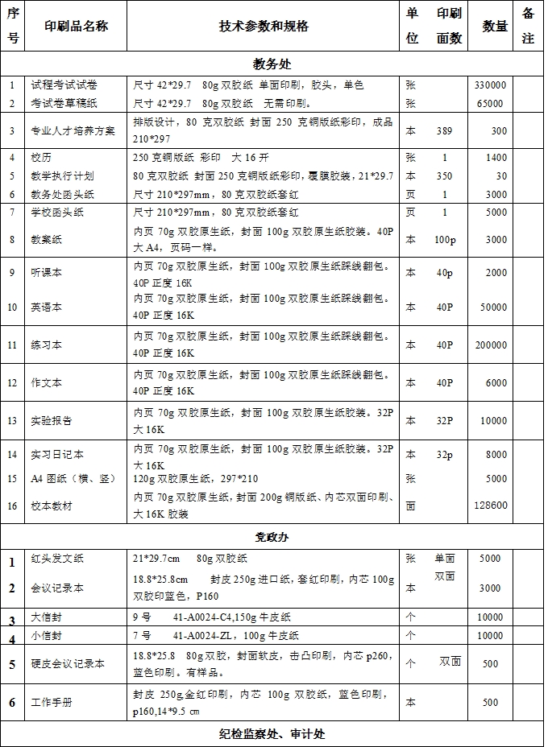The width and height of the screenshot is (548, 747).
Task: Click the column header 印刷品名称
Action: (76, 26)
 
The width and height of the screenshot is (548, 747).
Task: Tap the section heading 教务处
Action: (272, 63)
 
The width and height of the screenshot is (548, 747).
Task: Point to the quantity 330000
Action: (490, 85)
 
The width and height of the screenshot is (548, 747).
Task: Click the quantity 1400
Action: (496, 158)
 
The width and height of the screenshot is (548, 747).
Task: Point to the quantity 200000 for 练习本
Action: (491, 345)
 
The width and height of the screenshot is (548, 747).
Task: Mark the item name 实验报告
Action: (52, 420)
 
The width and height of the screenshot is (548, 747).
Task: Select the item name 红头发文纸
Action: (57, 558)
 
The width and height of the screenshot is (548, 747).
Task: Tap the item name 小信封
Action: (47, 636)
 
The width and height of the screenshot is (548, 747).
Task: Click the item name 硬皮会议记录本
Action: (68, 664)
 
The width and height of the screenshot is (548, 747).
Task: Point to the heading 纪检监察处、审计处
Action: (272, 734)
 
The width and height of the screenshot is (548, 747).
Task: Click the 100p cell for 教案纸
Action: (444, 239)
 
